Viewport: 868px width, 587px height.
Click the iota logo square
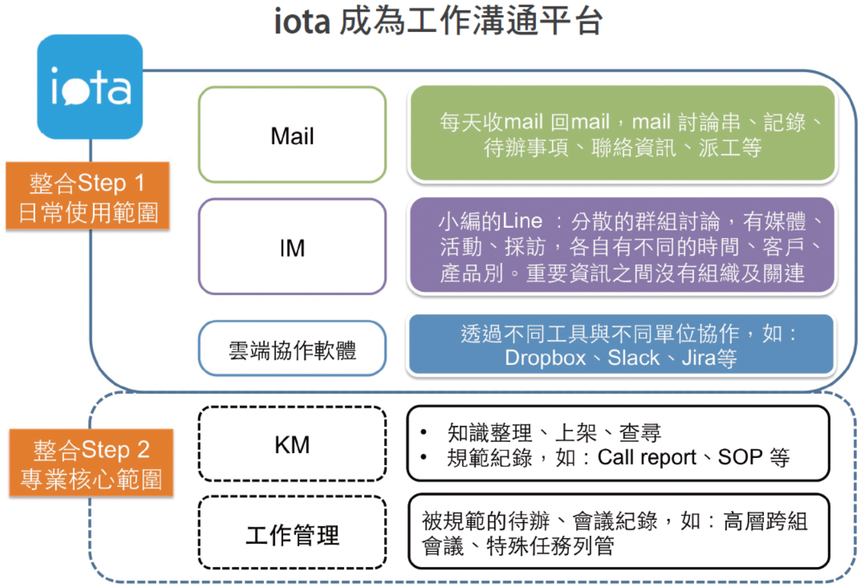[90, 87]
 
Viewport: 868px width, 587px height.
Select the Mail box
[292, 135]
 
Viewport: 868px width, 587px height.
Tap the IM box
[292, 247]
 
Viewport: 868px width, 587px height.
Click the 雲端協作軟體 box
[292, 349]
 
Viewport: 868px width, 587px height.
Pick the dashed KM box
[292, 444]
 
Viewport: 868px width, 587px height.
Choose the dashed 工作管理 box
[292, 533]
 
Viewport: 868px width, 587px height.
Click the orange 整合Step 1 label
[87, 196]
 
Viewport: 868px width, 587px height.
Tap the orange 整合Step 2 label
[91, 463]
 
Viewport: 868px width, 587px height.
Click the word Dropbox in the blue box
[545, 358]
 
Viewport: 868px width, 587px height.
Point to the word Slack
[633, 358]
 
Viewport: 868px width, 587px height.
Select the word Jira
[698, 358]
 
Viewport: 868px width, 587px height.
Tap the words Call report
[647, 457]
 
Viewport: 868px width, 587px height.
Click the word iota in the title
[302, 21]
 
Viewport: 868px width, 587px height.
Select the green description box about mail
[621, 133]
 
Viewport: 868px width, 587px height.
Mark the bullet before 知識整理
[424, 432]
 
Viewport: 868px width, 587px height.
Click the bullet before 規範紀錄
[424, 457]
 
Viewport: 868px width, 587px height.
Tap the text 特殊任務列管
[550, 547]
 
